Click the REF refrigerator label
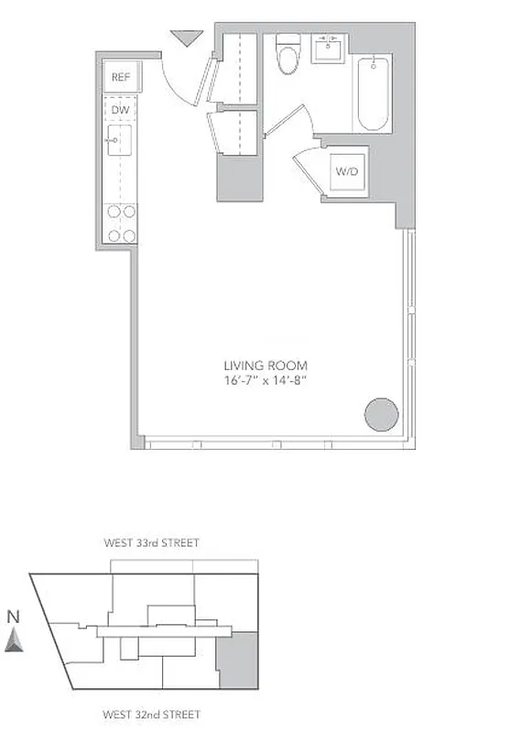[122, 78]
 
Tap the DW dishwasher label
[121, 110]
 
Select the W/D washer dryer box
[347, 171]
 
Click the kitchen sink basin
[120, 140]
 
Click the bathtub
[374, 94]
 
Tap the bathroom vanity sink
[329, 49]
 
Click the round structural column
[381, 414]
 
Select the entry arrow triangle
[188, 38]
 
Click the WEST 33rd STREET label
[152, 543]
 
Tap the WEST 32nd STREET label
[152, 715]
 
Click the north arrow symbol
[13, 640]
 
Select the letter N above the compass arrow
[13, 618]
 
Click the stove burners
[122, 223]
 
